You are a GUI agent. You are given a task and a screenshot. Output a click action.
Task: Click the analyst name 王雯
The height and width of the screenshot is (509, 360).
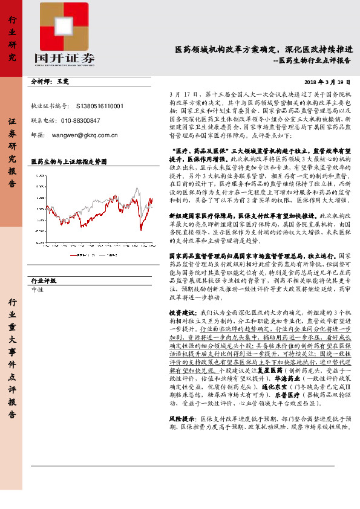coord(64,80)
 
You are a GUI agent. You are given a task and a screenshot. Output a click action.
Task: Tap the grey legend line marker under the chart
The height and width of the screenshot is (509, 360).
coord(102,255)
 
